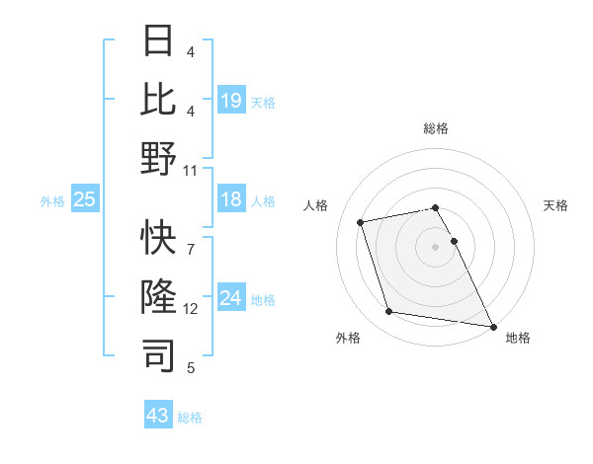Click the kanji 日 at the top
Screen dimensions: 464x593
point(159,42)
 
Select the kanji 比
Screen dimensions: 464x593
point(159,99)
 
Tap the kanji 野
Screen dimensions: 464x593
point(159,158)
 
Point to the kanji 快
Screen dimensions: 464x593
point(159,237)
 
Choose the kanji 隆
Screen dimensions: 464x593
point(159,296)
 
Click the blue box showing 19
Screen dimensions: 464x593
point(231,101)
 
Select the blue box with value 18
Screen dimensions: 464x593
point(231,200)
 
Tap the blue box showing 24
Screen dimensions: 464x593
point(231,298)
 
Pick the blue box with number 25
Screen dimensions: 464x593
point(85,200)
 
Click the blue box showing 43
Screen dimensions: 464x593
point(158,416)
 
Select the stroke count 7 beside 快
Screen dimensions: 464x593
point(191,238)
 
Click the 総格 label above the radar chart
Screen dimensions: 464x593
point(436,128)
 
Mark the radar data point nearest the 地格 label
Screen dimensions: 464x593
point(492,325)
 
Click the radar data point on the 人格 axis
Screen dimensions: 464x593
point(361,221)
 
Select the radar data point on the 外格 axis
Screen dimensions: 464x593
point(389,312)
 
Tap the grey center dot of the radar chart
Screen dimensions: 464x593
point(436,247)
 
